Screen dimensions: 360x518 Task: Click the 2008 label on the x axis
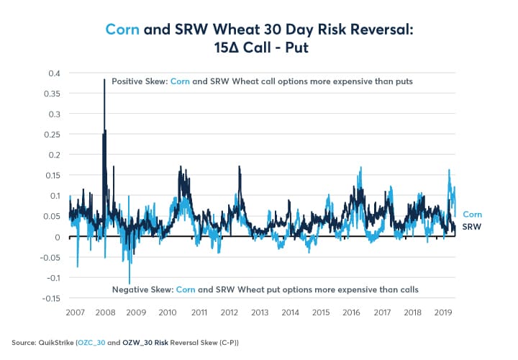click(x=105, y=313)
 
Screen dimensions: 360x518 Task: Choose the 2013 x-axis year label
click(x=260, y=313)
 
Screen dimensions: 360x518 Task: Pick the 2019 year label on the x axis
click(x=444, y=313)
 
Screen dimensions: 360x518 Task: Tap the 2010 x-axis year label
click(x=167, y=313)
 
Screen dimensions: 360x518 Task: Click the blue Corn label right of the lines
click(x=471, y=214)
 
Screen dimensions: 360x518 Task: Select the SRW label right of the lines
click(x=471, y=226)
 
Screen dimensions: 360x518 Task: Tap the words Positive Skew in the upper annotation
click(x=139, y=81)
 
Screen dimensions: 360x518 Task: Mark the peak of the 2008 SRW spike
click(x=104, y=80)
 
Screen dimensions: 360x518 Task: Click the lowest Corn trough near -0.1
click(x=129, y=283)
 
